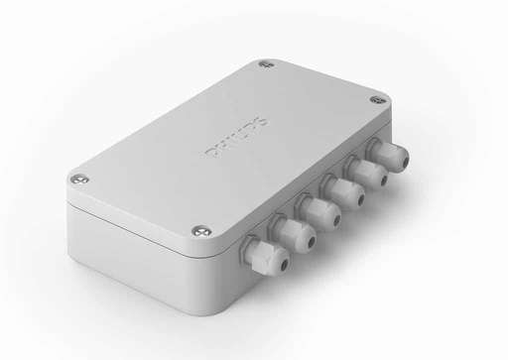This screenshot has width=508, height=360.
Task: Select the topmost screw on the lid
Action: [265, 66]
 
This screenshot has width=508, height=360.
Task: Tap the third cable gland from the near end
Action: [322, 211]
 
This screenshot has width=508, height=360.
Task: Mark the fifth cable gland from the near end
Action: [370, 174]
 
